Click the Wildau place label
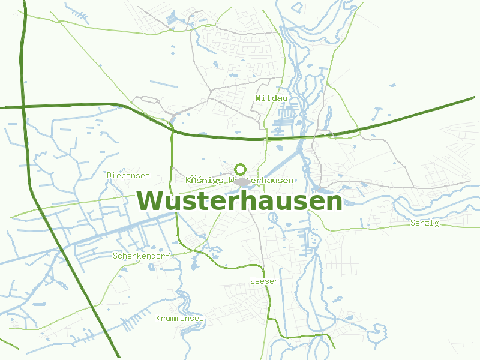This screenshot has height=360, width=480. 271,98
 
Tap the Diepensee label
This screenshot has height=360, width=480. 128,176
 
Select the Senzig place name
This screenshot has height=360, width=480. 425,223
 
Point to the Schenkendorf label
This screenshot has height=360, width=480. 142,256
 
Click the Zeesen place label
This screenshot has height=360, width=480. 265,281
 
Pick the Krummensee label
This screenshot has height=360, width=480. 180,319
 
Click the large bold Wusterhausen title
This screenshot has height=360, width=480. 239,201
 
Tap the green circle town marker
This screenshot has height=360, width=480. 241,169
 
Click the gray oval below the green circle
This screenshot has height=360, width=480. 242,181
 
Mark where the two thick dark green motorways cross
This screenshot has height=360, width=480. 23,107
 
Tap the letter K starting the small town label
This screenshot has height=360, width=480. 188,180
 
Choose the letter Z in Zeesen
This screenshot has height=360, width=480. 253,281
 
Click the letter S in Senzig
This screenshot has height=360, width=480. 413,223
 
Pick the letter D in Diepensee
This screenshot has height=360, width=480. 110,176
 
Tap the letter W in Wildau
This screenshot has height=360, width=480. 257,98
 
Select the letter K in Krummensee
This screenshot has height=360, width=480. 158,319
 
